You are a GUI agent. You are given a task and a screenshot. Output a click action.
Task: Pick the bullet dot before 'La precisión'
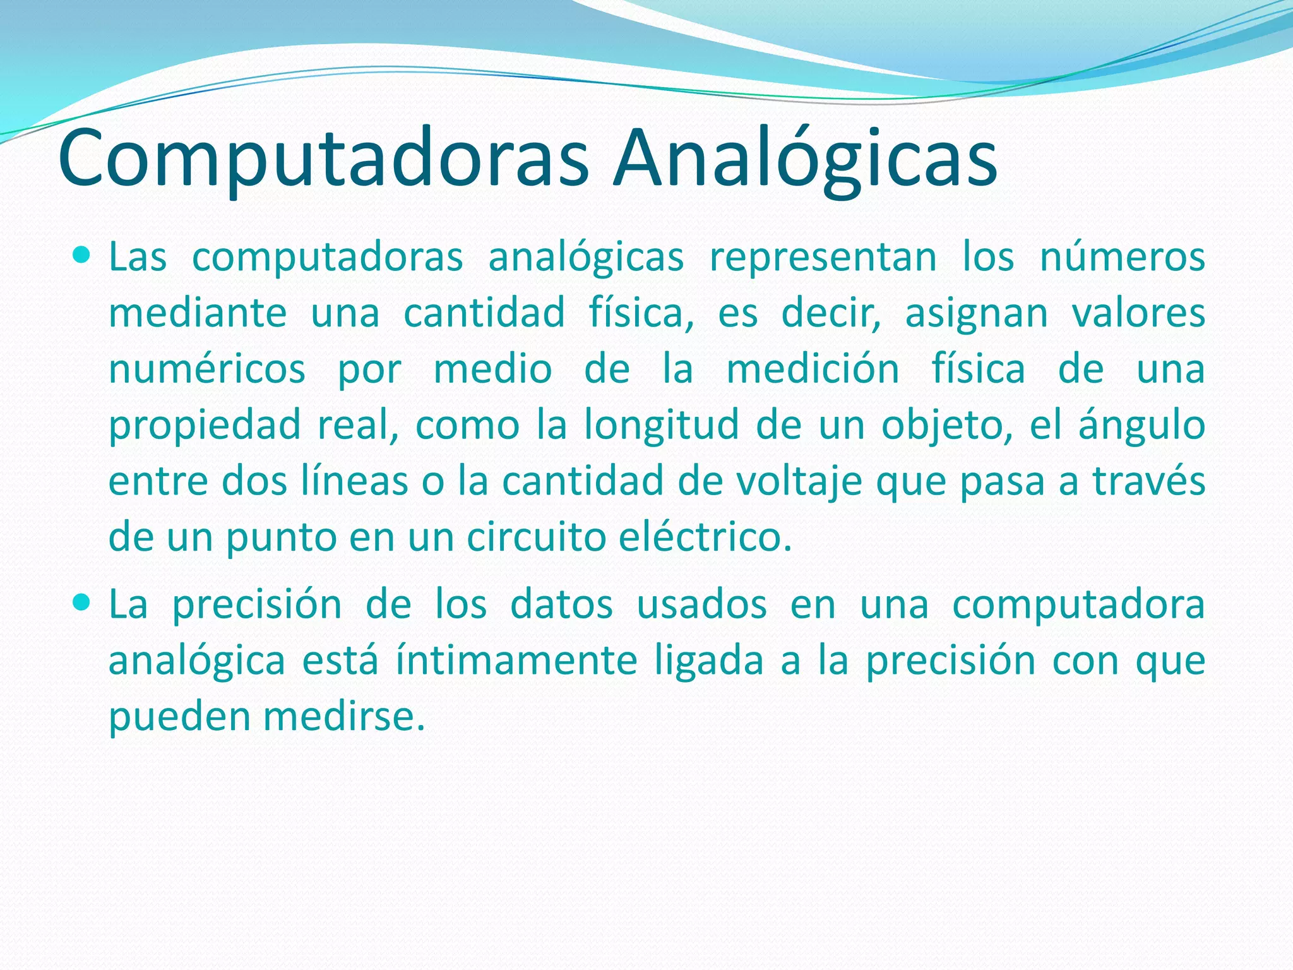coord(82,603)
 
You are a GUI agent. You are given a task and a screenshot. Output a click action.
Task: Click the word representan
coord(823,258)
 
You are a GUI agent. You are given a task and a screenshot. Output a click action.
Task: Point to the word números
coord(1123,258)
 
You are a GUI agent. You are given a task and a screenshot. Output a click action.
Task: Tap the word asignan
coord(976,313)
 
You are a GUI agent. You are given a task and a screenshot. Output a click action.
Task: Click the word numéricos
coord(207,369)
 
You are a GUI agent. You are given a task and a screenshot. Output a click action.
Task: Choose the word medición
coord(813,369)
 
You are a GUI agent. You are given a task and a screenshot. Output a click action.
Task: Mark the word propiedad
coord(205,426)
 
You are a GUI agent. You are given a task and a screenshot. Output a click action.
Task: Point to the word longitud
coord(661,424)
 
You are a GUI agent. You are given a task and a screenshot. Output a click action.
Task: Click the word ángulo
coord(1141,426)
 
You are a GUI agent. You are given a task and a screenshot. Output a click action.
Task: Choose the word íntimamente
coord(516,661)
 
